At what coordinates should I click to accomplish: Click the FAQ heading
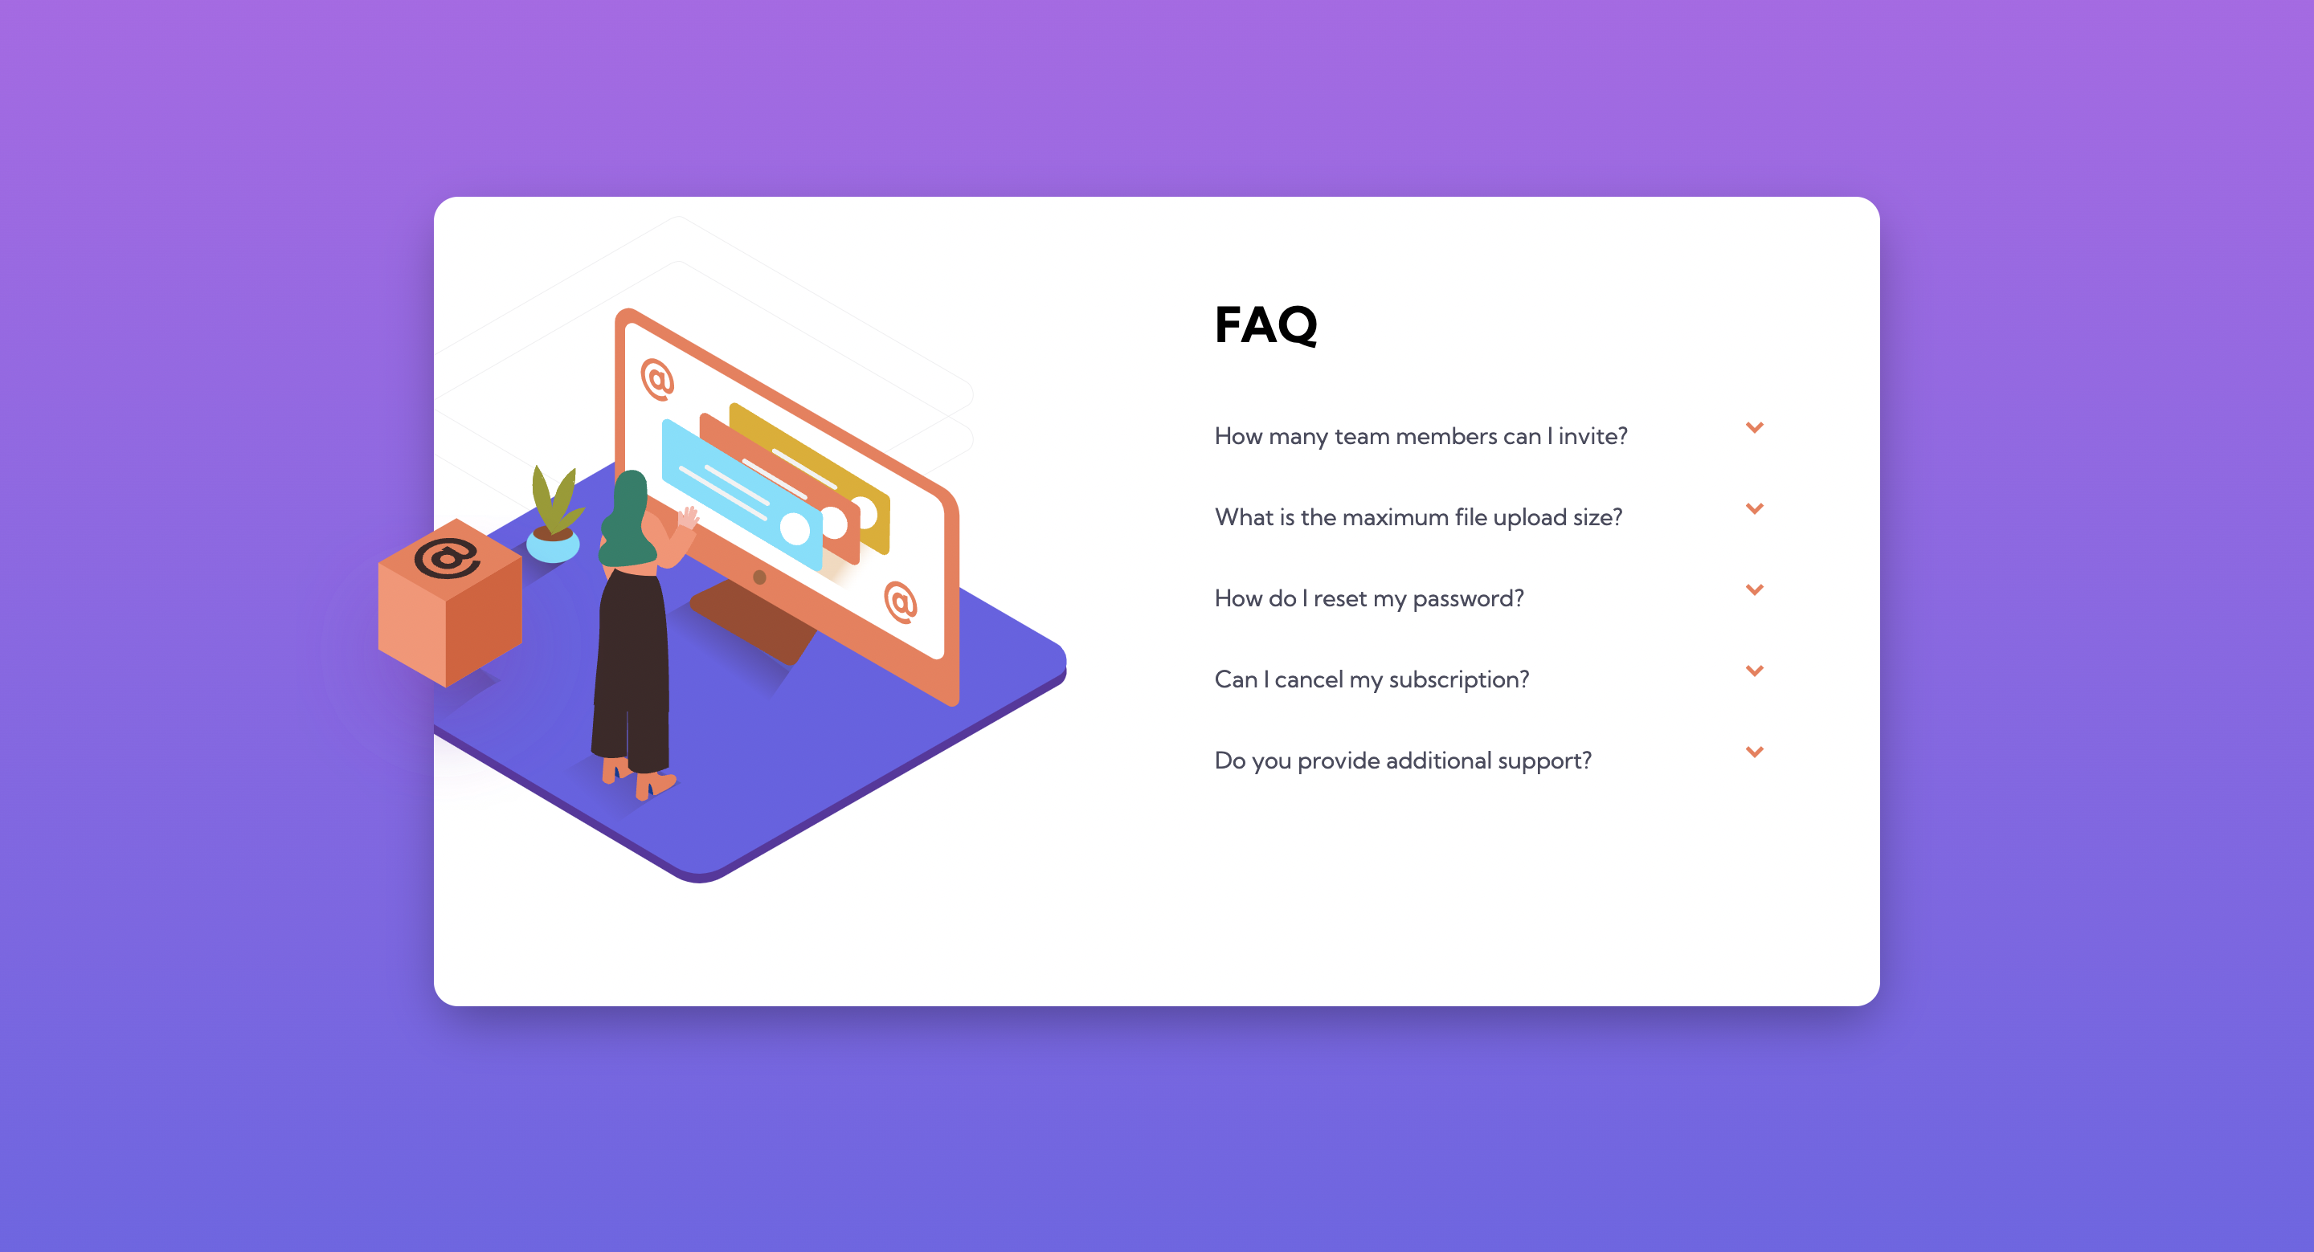coord(1265,324)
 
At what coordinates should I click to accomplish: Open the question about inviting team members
coord(1421,437)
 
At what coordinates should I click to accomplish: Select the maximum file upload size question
coord(1418,517)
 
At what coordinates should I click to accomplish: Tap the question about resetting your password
coord(1369,598)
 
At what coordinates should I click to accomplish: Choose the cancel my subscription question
coord(1372,679)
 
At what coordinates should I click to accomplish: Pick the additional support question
coord(1402,761)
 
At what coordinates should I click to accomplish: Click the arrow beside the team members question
coord(1754,427)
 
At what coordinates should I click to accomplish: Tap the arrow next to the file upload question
coord(1754,508)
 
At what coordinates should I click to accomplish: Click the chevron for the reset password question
coord(1754,589)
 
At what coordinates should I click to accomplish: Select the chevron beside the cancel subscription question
coord(1754,671)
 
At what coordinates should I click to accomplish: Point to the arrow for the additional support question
coord(1754,752)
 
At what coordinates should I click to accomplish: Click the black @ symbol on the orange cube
coord(447,559)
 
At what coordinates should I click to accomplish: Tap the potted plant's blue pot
coord(553,545)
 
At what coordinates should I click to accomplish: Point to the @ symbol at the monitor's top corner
coord(657,380)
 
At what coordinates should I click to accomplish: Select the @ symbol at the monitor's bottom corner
coord(900,602)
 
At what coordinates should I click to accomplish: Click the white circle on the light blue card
coord(795,529)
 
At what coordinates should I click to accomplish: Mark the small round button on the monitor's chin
coord(760,577)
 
